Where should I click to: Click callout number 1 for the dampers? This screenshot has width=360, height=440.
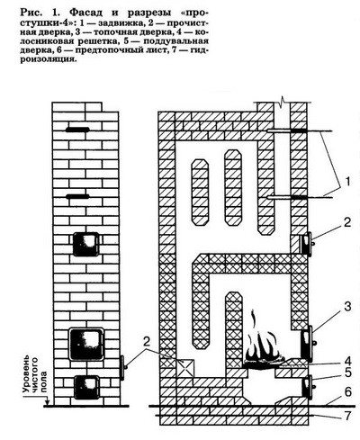pos(346,182)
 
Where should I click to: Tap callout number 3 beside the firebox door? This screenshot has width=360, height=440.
pos(347,307)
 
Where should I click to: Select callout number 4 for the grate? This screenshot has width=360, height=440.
pos(347,360)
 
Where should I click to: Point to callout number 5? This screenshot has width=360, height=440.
pos(347,373)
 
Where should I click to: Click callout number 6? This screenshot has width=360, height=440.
pos(347,392)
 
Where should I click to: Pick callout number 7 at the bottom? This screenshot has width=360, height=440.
pos(347,416)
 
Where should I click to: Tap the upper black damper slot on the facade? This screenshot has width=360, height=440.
pos(77,130)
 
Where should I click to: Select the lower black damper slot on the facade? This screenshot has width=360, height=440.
pos(77,196)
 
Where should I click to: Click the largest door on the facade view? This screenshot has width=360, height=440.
pos(86,344)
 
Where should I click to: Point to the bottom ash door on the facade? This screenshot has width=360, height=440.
pos(86,387)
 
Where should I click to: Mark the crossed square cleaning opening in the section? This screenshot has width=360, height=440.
pos(185,368)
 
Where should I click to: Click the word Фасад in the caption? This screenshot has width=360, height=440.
pos(87,13)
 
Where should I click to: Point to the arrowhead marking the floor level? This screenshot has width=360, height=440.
pos(47,402)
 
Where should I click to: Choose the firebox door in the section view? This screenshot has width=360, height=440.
pos(307,343)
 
